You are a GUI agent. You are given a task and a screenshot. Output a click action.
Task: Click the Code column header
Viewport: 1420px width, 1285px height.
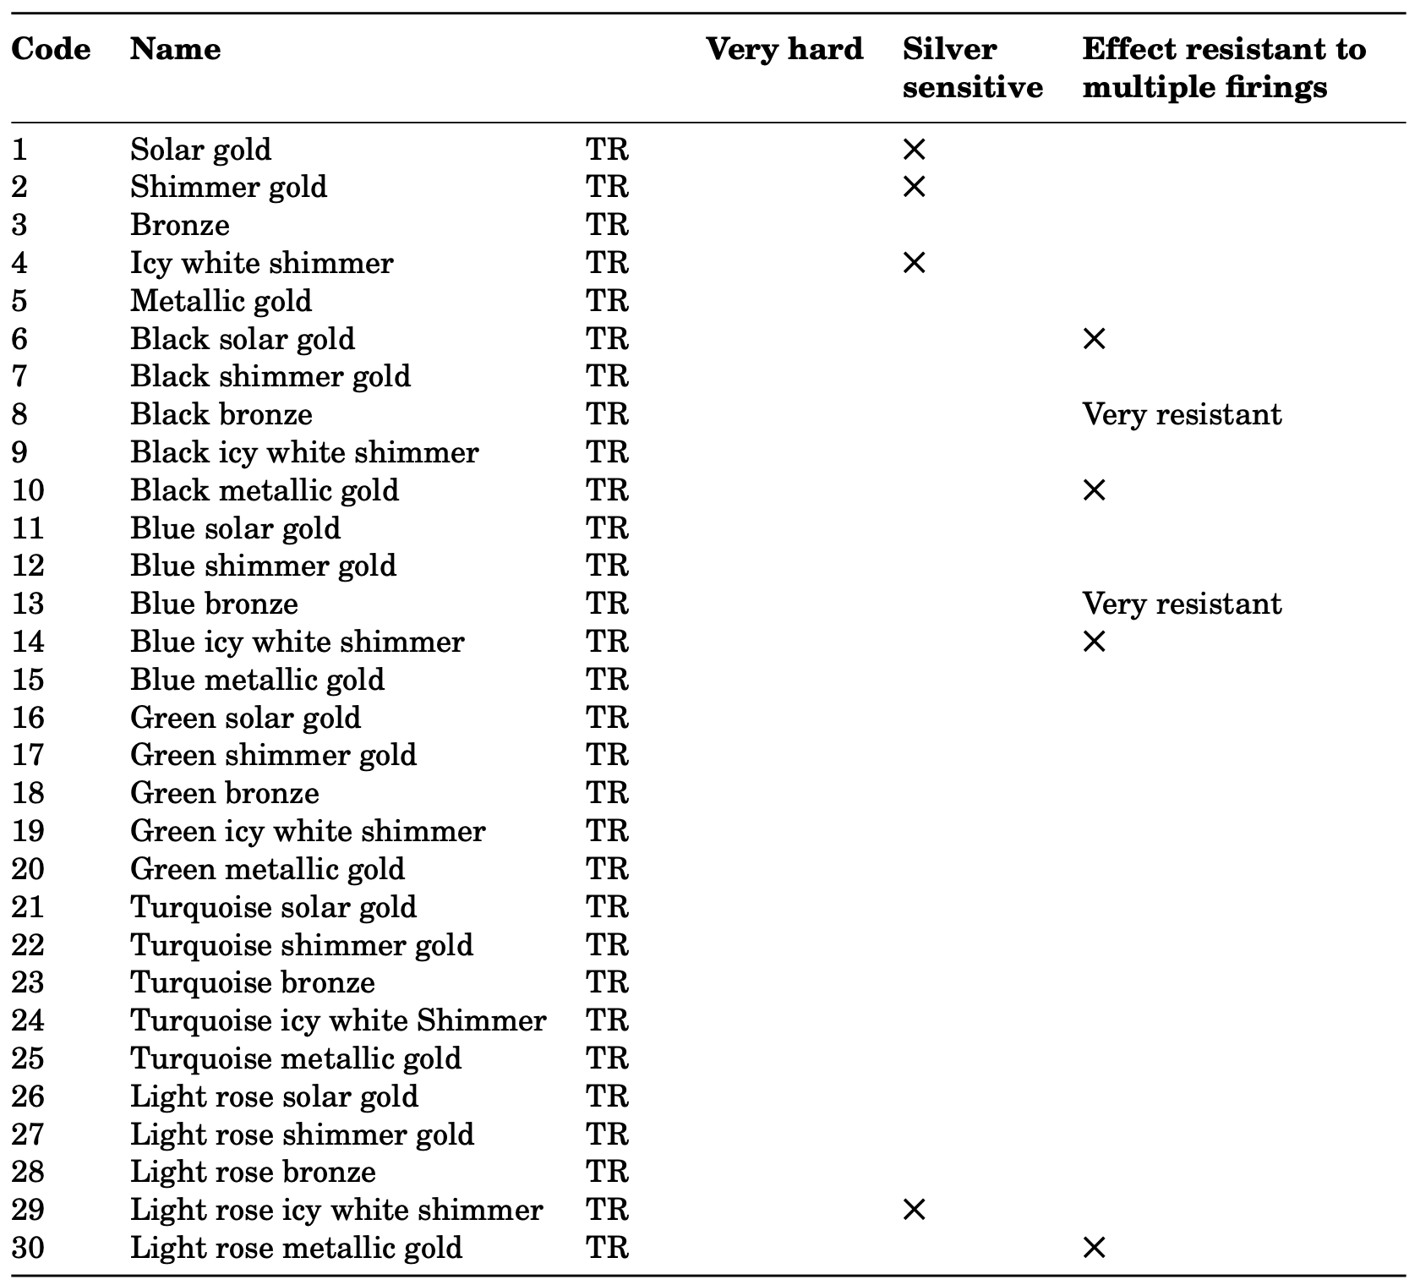[51, 49]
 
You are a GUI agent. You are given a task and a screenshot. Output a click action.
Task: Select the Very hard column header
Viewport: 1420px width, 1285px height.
[784, 49]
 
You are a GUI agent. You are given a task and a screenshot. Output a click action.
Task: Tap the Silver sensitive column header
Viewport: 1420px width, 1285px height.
[972, 68]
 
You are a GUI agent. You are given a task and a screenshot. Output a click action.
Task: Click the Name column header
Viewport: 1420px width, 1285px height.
[175, 49]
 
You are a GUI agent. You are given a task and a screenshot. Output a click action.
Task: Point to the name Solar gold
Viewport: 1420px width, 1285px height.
[200, 150]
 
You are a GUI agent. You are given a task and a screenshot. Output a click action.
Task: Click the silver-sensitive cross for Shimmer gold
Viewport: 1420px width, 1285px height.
[914, 187]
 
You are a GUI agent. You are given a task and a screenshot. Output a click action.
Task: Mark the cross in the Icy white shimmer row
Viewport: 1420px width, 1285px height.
[914, 263]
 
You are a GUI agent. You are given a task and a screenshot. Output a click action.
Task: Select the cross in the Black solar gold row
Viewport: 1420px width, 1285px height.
[1094, 339]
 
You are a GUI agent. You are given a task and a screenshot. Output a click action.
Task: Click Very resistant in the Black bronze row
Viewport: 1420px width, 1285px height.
[1182, 414]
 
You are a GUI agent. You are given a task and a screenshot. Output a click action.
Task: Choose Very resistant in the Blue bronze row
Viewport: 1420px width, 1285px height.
[1182, 604]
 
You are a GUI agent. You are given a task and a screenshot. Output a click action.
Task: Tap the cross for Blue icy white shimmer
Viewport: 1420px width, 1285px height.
[1094, 642]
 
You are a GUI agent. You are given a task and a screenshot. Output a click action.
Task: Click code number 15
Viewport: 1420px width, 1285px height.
[27, 680]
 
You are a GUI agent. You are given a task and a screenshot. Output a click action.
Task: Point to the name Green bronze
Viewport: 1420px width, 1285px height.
[225, 793]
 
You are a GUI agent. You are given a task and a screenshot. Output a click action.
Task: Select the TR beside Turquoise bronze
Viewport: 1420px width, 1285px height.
[607, 982]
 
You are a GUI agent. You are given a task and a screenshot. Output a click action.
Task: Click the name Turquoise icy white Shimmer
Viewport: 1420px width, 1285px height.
[338, 1020]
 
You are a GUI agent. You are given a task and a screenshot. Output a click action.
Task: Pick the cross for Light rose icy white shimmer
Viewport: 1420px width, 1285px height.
[914, 1210]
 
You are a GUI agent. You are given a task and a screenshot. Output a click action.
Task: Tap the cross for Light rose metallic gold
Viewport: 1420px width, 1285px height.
[1094, 1248]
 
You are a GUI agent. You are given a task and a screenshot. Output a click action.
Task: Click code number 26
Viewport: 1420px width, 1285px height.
[27, 1096]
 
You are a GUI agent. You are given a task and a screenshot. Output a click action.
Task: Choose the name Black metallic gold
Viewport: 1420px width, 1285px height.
[265, 490]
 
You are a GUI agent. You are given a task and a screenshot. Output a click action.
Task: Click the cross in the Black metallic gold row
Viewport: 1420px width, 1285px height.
[1094, 490]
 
